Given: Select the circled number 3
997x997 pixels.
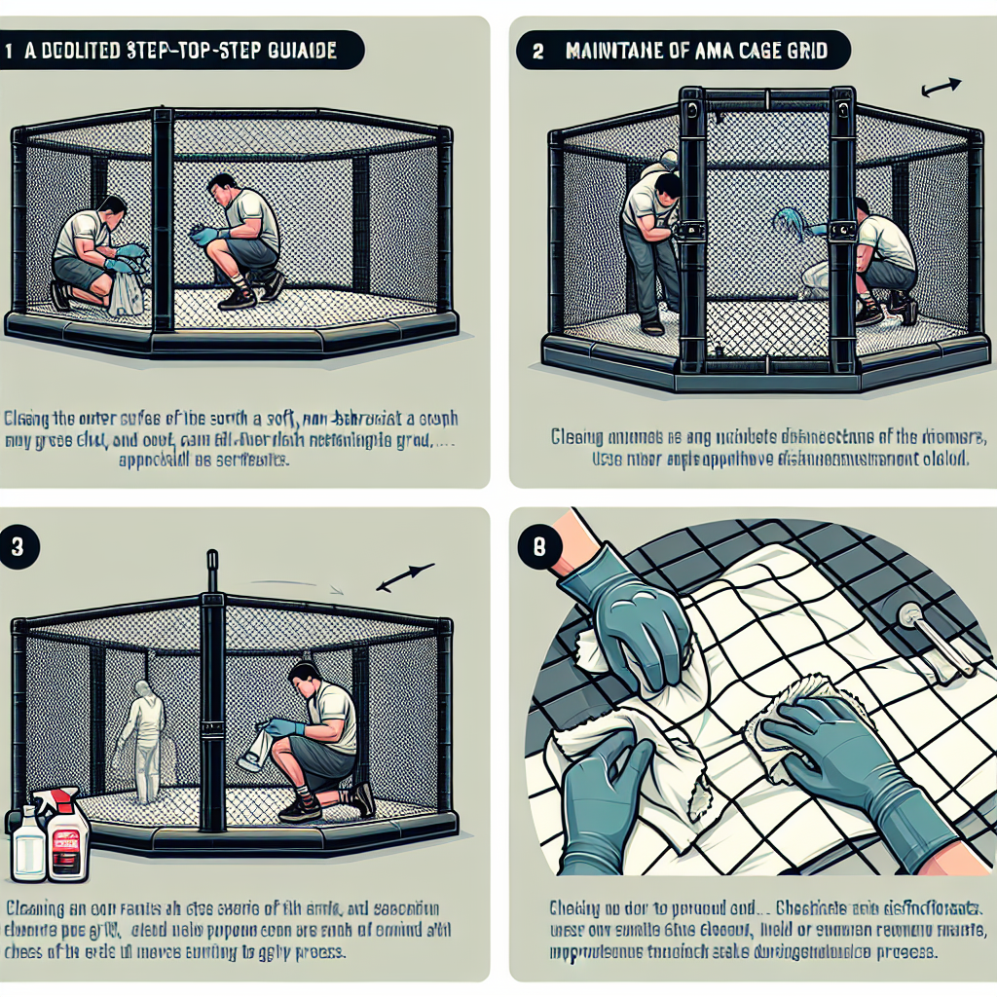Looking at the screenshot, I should (18, 546).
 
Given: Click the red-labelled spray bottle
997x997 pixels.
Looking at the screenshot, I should (68, 832).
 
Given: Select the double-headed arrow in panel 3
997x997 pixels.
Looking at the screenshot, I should (404, 578).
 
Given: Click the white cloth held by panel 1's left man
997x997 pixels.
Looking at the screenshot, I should (127, 292).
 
